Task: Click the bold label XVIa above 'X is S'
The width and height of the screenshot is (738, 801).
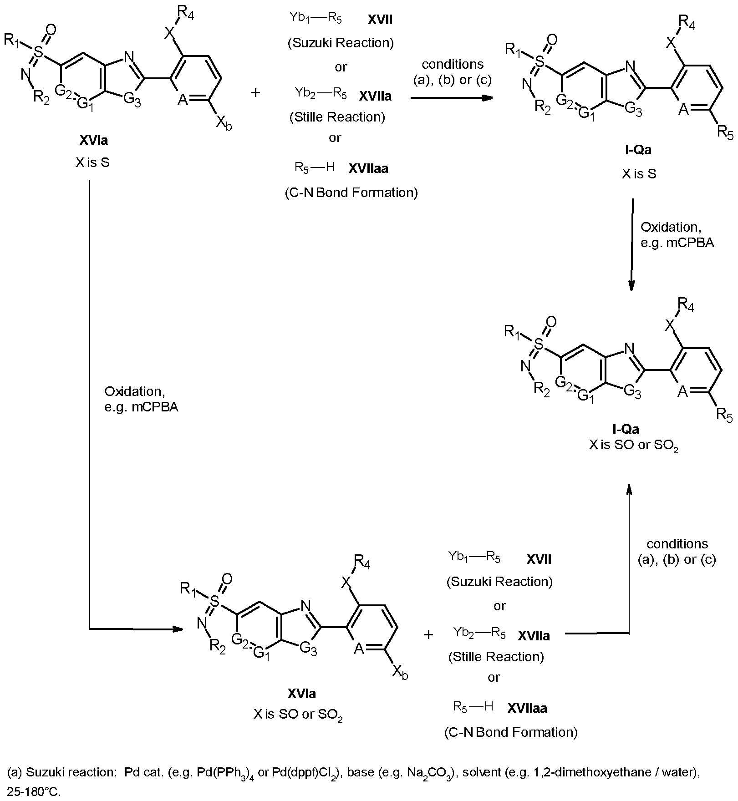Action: coord(94,140)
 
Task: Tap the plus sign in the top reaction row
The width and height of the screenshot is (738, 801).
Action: coord(255,93)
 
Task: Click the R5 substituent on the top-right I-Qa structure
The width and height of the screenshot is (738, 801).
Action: coord(725,132)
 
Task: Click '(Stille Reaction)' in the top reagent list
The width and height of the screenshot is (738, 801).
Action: coord(337,117)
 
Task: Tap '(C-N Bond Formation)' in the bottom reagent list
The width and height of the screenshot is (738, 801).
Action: coord(511,732)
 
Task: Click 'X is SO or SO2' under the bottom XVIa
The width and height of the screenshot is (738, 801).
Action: coord(298,715)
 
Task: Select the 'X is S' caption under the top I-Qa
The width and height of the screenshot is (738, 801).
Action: coord(639,174)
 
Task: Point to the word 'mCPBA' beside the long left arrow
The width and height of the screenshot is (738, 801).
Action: coord(155,407)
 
